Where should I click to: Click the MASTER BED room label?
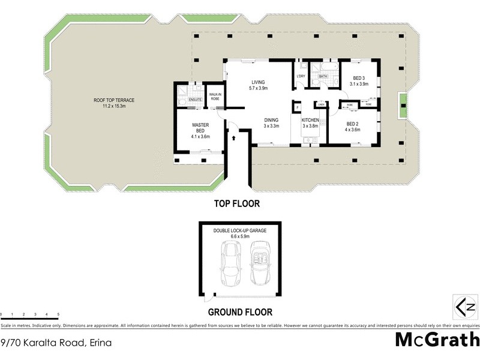200,130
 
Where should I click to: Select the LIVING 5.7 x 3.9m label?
258,85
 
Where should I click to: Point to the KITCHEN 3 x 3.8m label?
310,122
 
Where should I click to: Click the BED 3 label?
359,81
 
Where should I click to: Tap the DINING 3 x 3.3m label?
271,122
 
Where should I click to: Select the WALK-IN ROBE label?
215,97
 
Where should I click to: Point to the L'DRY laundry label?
301,77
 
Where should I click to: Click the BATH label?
323,77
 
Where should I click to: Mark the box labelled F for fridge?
296,107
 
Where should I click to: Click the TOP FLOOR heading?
237,204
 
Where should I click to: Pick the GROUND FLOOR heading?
240,312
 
